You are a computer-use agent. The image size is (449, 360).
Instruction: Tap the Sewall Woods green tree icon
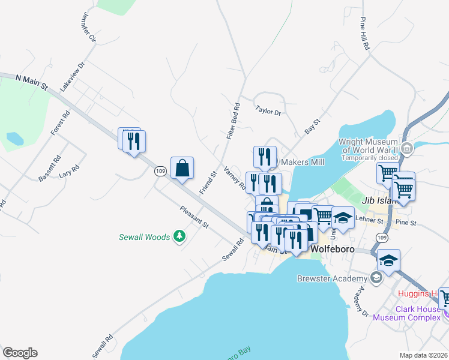(179, 237)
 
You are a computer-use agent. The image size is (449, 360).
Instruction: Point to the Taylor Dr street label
(268, 110)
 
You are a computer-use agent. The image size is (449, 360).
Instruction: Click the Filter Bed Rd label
(234, 122)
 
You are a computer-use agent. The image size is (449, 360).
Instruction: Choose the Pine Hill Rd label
(365, 34)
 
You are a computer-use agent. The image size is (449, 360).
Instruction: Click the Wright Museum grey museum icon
(408, 148)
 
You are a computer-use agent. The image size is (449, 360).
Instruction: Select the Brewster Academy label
(332, 278)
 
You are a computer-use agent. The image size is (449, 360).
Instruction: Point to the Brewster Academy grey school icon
(376, 277)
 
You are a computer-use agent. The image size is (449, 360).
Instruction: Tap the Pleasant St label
(194, 217)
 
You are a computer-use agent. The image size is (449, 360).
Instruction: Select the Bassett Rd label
(50, 170)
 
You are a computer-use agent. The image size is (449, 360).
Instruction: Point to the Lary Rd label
(70, 172)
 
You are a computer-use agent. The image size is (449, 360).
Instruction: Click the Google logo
(20, 353)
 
